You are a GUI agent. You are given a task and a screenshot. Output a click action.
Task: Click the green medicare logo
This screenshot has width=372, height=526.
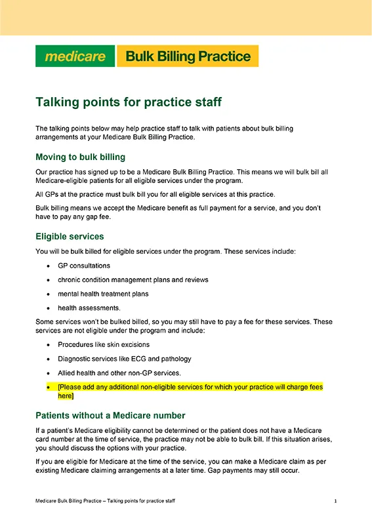click(x=75, y=56)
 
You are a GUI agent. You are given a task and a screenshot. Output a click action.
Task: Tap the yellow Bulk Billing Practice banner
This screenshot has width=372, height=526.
click(x=188, y=56)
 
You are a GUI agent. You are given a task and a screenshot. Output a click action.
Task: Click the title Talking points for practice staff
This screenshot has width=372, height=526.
click(x=129, y=102)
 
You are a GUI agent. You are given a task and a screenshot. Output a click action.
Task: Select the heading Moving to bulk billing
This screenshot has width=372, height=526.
click(x=80, y=157)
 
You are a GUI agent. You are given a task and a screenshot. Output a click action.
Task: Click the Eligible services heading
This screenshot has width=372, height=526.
click(x=70, y=236)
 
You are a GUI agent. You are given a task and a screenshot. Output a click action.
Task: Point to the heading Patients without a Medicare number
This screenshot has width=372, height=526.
click(x=110, y=415)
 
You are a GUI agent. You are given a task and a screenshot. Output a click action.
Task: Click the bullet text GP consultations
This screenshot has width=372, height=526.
click(x=84, y=266)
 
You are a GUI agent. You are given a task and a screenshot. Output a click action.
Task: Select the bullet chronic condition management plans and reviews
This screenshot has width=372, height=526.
click(x=133, y=279)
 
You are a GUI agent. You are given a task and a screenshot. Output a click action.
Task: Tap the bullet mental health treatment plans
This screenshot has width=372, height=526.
click(x=104, y=293)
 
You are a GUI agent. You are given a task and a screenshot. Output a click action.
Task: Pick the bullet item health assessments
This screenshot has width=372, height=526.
click(x=89, y=307)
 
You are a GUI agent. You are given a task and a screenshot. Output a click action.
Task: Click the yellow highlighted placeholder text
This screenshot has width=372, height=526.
click(x=190, y=392)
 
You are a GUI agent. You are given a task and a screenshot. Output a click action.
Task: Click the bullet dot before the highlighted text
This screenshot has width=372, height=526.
click(x=49, y=388)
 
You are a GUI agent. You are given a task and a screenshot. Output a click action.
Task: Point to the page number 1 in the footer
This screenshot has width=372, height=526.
click(x=335, y=501)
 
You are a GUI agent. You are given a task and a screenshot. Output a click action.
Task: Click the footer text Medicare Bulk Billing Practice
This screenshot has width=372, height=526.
click(x=105, y=501)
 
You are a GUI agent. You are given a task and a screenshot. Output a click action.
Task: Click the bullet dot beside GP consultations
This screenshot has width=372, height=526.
click(x=49, y=266)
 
